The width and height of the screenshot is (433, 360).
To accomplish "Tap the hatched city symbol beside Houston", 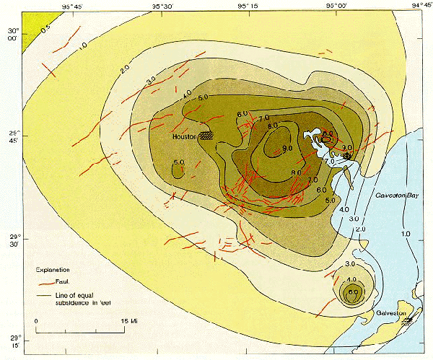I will click(x=207, y=135).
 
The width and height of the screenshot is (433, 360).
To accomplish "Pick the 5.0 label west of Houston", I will click(x=179, y=162).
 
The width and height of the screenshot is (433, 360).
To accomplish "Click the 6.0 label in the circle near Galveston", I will click(x=352, y=291).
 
